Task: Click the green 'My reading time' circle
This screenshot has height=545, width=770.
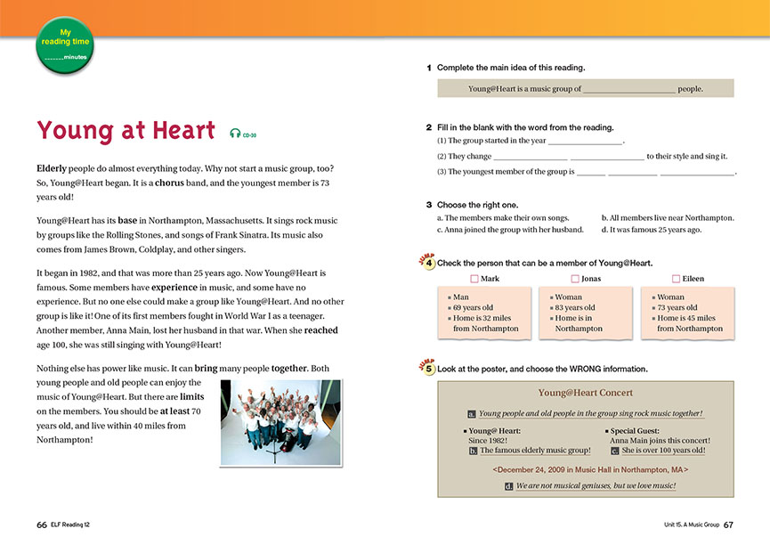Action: tap(64, 44)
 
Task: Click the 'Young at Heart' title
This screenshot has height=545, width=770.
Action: tap(126, 131)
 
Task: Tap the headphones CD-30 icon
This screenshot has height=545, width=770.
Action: tap(235, 134)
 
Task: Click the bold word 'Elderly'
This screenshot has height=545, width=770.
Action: tap(55, 168)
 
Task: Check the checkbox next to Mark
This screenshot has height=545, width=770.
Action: tap(474, 279)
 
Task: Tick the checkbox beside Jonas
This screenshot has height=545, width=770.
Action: tap(575, 279)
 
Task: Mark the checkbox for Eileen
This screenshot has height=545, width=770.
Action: tap(677, 279)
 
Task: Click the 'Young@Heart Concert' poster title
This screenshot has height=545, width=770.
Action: tap(585, 393)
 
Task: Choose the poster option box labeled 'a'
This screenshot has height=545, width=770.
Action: tap(472, 414)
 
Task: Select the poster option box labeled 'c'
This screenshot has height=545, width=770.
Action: tap(615, 451)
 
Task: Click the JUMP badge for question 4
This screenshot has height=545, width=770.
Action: tap(426, 262)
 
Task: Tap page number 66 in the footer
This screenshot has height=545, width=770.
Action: tap(42, 525)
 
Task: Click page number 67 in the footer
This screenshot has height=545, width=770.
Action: tap(728, 525)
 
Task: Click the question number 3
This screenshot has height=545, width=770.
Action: tap(429, 204)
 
